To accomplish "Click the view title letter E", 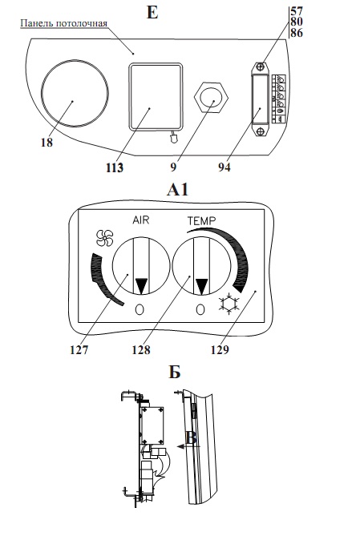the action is pyautogui.click(x=152, y=12).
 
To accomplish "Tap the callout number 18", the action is pyautogui.click(x=47, y=142).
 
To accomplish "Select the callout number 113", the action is pyautogui.click(x=115, y=167).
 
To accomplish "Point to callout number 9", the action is pyautogui.click(x=173, y=167).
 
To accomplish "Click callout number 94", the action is pyautogui.click(x=224, y=167).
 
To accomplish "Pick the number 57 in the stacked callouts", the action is pyautogui.click(x=297, y=10).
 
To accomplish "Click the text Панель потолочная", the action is pyautogui.click(x=63, y=23).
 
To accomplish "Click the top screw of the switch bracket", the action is pyautogui.click(x=261, y=66).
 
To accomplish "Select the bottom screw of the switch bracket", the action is pyautogui.click(x=261, y=131).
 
